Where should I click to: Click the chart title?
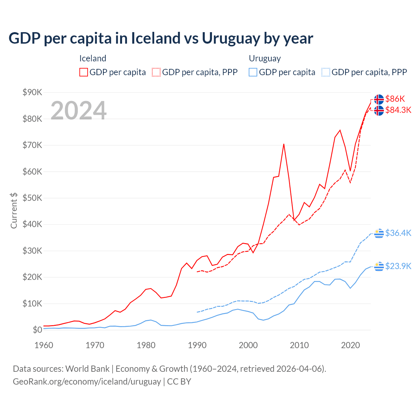(161, 38)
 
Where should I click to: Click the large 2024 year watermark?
(78, 111)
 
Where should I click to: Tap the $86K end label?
(395, 99)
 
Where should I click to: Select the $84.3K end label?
(398, 110)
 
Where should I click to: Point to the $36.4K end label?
(398, 233)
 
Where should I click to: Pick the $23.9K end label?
(398, 266)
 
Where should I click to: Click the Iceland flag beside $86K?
(379, 99)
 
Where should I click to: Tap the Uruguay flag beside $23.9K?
(379, 266)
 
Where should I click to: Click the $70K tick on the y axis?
(32, 145)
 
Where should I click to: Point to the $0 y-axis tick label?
(37, 330)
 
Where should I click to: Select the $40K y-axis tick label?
(32, 224)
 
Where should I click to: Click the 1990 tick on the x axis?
(197, 345)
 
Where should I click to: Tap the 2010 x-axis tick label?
(299, 345)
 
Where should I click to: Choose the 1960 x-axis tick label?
(44, 345)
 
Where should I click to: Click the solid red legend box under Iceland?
(84, 72)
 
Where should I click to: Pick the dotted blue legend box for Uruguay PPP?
(326, 72)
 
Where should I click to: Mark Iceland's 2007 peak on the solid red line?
(284, 144)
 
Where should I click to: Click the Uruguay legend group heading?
(265, 58)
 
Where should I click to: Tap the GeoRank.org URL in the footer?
(87, 382)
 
